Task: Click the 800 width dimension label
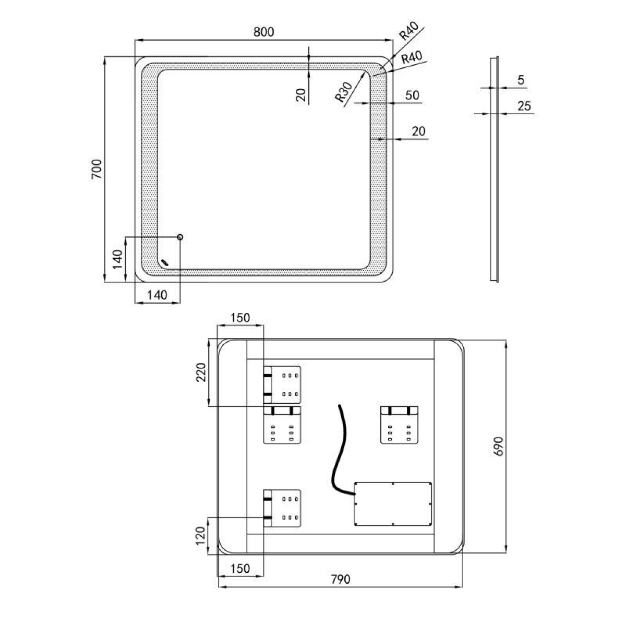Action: tap(263, 32)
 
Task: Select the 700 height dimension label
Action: tap(97, 169)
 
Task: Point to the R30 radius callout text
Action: tap(343, 92)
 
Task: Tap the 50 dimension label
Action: tap(412, 95)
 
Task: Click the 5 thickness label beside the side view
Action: tap(521, 80)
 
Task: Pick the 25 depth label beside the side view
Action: tap(524, 106)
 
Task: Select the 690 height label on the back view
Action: tap(498, 447)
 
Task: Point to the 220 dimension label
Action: tap(201, 372)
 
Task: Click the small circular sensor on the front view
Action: tap(180, 237)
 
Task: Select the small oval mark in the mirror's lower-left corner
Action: tap(165, 262)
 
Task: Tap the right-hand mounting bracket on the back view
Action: tap(399, 425)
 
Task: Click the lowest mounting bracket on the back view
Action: tap(282, 508)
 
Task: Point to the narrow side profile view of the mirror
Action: tap(494, 169)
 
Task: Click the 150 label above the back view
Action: tap(240, 318)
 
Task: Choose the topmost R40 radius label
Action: tap(408, 31)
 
